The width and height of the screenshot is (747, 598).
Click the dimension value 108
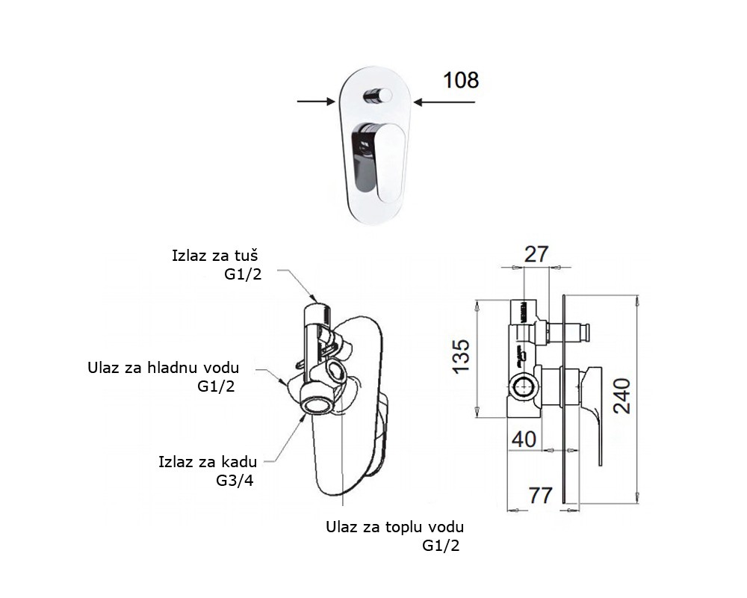pos(461,80)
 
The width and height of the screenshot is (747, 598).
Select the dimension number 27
pos(536,255)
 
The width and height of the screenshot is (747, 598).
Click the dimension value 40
pos(524,439)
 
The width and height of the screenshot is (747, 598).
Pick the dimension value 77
pos(541,494)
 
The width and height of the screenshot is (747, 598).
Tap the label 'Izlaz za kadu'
pos(206,460)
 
